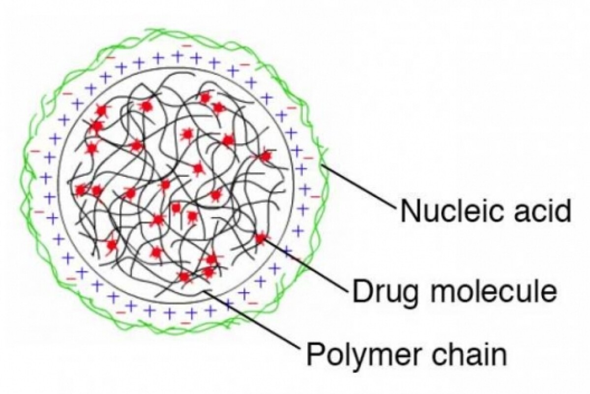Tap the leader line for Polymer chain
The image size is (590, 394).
[x=253, y=319]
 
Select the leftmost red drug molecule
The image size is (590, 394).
[x=81, y=190]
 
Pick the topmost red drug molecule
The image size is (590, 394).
[x=205, y=98]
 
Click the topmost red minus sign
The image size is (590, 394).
[x=187, y=46]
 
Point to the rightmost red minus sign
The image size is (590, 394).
[x=315, y=197]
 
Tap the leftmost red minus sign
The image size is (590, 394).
[x=35, y=151]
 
